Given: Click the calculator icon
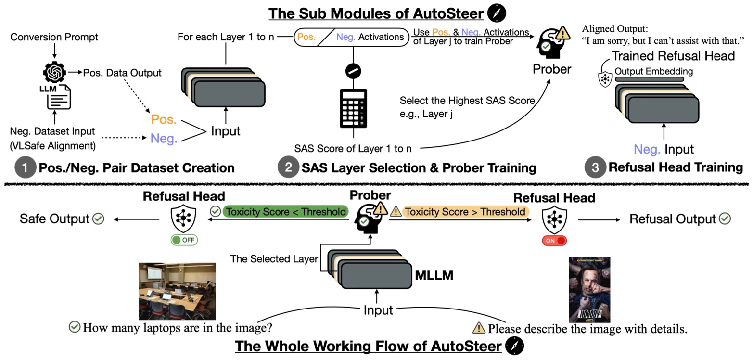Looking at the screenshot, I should point(353,108).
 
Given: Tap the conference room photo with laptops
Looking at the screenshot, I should point(177,291).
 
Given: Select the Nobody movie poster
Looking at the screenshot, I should point(589,289).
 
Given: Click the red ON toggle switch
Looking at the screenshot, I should point(554,241).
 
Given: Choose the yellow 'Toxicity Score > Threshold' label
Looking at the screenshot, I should point(465,212).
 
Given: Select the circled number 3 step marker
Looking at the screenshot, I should point(594,167).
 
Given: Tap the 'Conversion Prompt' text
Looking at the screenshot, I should point(54,37).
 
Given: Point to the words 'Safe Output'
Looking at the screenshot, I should point(54,219).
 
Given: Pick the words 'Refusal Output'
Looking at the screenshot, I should point(673,219).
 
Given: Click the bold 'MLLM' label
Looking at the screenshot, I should point(434,275).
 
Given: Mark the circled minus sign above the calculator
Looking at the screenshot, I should point(353,71).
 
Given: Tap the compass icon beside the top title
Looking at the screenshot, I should point(497,13).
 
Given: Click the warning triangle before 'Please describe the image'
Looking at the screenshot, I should point(479,328).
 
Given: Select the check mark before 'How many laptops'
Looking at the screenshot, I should point(75,327).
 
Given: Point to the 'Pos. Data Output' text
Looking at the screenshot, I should point(122,73).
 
